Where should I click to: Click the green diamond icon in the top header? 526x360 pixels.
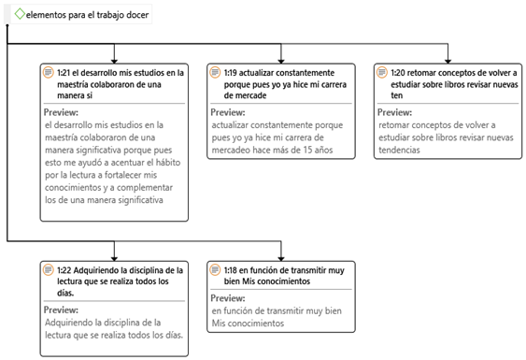click(x=20, y=15)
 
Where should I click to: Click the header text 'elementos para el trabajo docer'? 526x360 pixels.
click(x=87, y=16)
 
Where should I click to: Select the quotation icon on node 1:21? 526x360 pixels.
click(x=48, y=72)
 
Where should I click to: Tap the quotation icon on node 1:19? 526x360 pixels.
click(x=215, y=72)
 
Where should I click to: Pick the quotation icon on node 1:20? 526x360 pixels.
click(x=383, y=72)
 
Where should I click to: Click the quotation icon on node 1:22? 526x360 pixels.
click(x=48, y=269)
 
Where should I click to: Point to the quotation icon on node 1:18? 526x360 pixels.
click(x=215, y=269)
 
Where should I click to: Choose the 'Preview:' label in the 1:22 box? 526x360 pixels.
click(x=62, y=310)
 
